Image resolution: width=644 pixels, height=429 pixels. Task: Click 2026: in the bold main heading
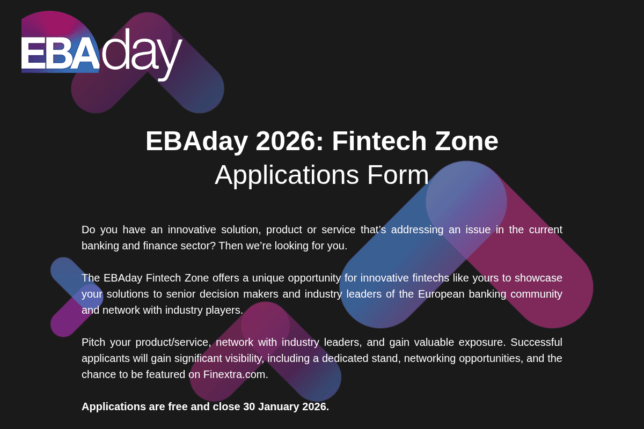click(290, 141)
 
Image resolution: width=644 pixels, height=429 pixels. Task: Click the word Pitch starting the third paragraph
click(94, 342)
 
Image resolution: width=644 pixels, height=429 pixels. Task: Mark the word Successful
click(536, 342)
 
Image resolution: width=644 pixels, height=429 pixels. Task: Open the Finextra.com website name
click(236, 374)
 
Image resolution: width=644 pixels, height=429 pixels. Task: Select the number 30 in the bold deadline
click(249, 406)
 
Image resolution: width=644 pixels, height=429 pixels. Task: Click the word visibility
click(238, 358)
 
